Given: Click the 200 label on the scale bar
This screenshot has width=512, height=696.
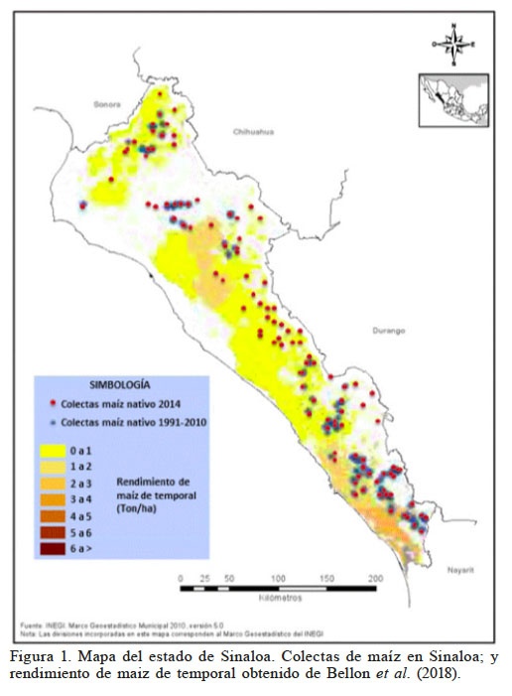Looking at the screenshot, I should (x=375, y=578).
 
